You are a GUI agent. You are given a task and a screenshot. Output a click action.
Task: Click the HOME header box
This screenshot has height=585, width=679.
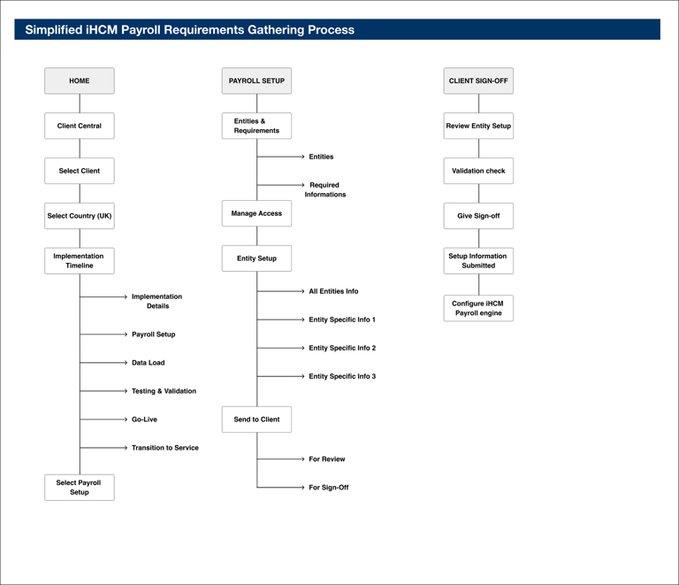[80, 81]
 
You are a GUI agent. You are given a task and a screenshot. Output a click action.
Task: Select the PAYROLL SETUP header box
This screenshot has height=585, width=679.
[256, 81]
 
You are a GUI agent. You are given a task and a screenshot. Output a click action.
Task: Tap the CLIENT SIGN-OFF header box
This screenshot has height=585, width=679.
[478, 81]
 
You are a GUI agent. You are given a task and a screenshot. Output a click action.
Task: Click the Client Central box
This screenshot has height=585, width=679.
[80, 126]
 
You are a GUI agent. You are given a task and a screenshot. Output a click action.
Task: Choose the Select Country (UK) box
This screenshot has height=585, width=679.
[80, 216]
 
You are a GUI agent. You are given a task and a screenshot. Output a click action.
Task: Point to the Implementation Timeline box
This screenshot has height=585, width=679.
[80, 261]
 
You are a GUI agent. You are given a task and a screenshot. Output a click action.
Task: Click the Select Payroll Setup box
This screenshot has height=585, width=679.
[80, 488]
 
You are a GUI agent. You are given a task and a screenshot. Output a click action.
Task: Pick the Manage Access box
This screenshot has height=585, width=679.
[256, 213]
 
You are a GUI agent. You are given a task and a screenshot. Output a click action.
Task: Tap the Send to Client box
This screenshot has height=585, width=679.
[256, 420]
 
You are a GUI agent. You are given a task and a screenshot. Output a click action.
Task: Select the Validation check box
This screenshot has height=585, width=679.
[478, 171]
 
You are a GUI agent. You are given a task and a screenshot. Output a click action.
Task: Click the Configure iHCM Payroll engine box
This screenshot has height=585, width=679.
[478, 308]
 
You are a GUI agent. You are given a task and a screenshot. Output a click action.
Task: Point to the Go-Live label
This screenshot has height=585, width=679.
[145, 420]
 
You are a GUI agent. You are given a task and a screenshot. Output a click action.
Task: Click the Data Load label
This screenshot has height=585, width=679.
[149, 363]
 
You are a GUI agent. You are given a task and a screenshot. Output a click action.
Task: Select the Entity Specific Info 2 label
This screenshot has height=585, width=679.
[342, 348]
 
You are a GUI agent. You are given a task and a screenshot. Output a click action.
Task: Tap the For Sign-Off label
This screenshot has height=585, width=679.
[329, 488]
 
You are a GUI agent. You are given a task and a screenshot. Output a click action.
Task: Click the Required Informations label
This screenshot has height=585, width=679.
[325, 189]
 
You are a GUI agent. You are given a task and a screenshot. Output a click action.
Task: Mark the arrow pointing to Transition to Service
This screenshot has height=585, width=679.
[103, 448]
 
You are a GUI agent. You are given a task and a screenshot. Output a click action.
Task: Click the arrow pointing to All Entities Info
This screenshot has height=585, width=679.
[280, 291]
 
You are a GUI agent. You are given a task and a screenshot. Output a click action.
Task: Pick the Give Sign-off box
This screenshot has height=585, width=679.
[478, 216]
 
